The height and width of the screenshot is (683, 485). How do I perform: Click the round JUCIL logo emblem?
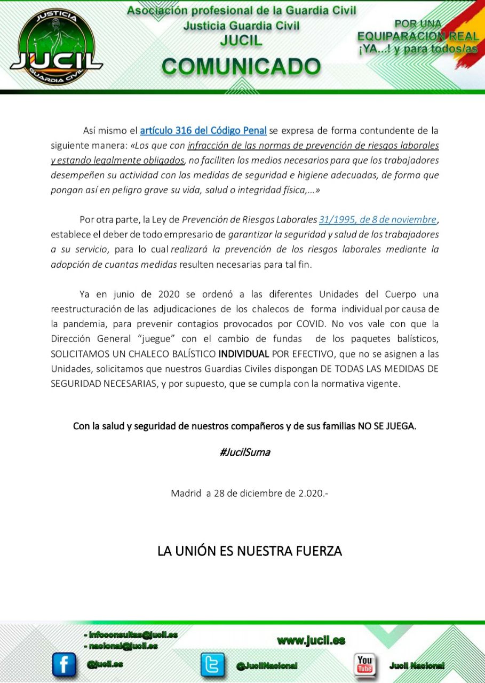coord(56,47)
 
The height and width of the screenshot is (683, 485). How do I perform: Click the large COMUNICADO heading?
coord(241,67)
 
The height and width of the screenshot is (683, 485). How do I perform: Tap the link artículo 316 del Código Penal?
coord(203,130)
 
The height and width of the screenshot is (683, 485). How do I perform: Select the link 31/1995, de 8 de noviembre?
coord(378,219)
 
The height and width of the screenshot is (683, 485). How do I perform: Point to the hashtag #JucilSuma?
coord(244,452)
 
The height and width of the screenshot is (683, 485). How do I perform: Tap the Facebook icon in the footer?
coord(63,665)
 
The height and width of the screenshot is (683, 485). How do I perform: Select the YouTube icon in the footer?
coord(365,665)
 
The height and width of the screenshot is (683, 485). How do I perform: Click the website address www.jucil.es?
coord(311,641)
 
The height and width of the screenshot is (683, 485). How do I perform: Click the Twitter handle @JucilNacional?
coord(267,666)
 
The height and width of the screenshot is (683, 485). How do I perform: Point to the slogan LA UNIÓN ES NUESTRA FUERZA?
coord(249,551)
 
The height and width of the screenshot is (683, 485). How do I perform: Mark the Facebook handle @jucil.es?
coord(105,664)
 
